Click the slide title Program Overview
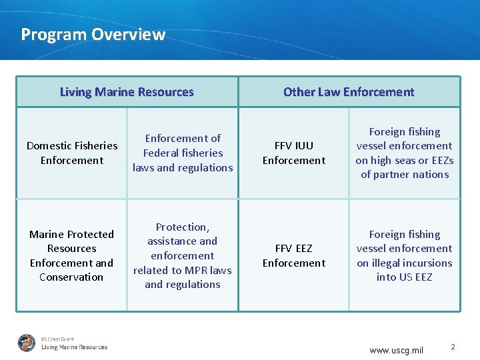(x=93, y=35)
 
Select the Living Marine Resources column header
(x=127, y=92)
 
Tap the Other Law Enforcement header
(x=349, y=92)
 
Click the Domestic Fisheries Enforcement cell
(x=71, y=153)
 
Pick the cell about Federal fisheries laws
(x=183, y=153)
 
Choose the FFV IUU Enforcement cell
(x=294, y=153)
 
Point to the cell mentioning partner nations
(x=405, y=153)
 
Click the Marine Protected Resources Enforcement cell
(x=71, y=255)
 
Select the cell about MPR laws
(x=183, y=255)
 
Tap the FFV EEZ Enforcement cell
(x=294, y=255)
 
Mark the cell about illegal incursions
(x=405, y=255)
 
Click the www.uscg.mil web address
(x=396, y=350)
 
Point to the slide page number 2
(x=453, y=347)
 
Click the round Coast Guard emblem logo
(x=27, y=343)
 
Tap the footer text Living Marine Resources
(x=74, y=347)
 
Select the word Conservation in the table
(x=71, y=277)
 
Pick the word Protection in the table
(x=182, y=227)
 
